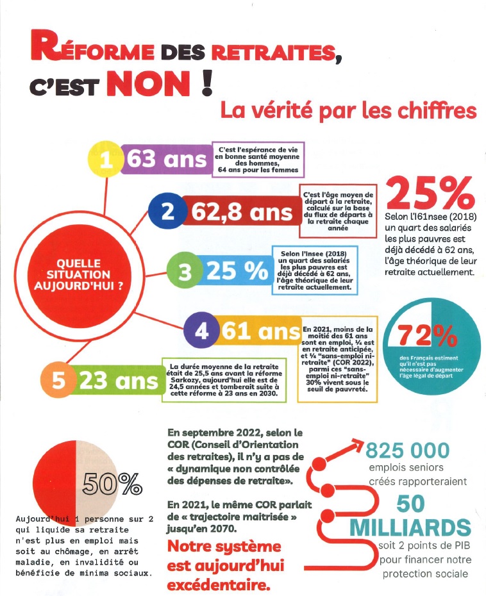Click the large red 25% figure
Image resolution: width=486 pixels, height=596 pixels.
point(429,190)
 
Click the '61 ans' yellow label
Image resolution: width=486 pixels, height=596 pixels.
point(260,332)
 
